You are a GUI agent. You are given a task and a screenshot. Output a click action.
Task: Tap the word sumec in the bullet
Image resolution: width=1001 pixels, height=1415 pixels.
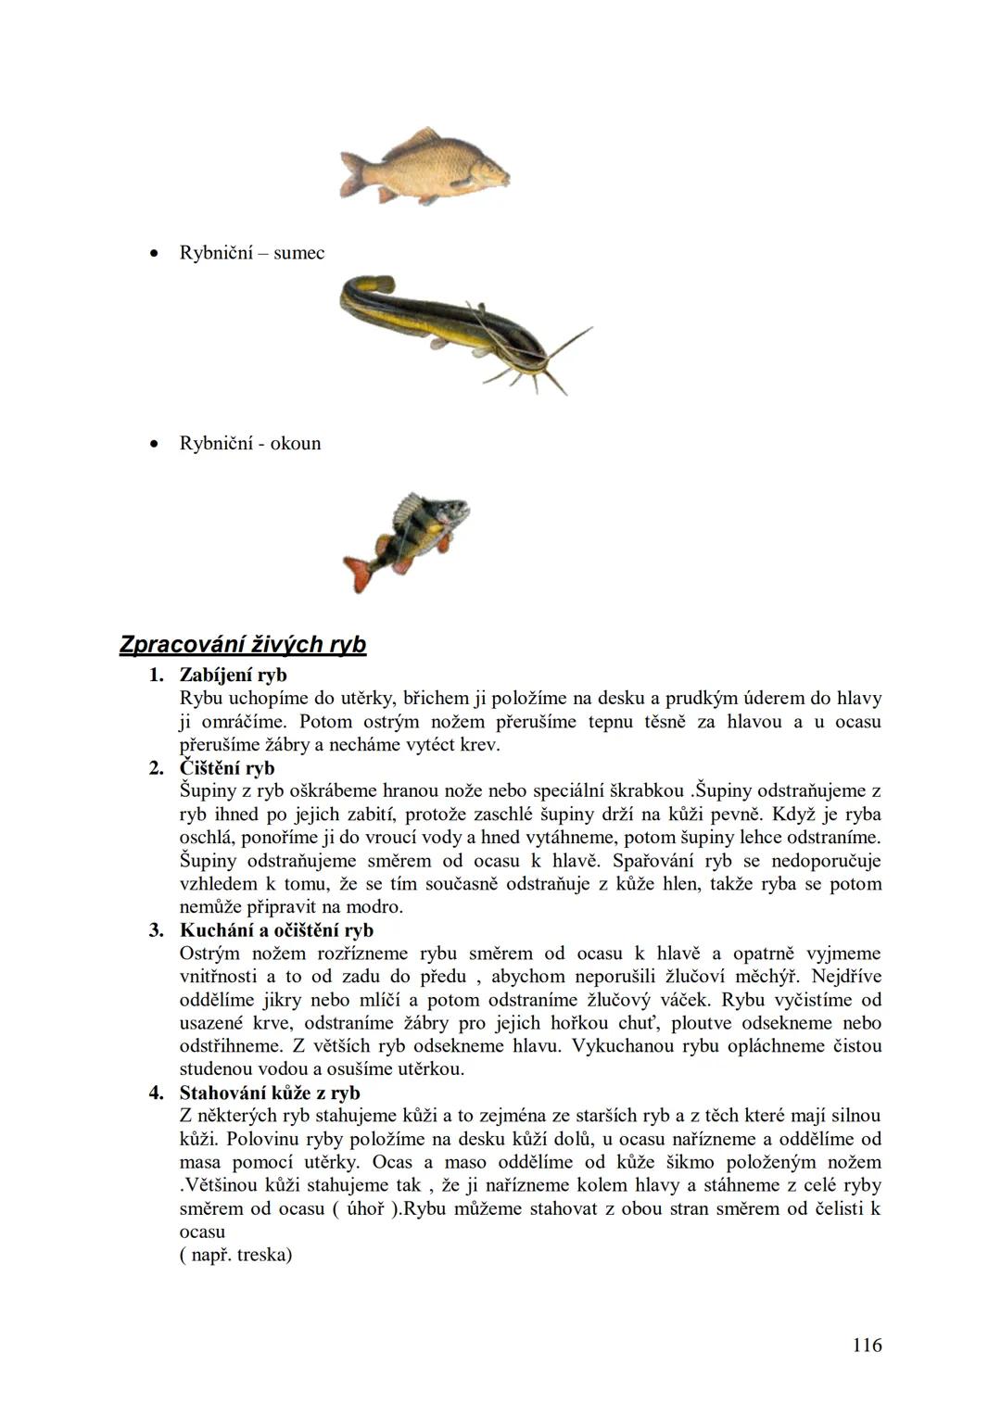click(x=298, y=253)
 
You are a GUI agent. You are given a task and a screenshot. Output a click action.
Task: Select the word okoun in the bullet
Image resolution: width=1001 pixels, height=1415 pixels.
click(x=296, y=443)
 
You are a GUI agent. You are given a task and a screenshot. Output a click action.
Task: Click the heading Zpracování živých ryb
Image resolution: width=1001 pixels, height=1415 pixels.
click(x=243, y=645)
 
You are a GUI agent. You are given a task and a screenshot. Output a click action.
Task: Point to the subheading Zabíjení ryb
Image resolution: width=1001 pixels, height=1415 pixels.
click(x=233, y=675)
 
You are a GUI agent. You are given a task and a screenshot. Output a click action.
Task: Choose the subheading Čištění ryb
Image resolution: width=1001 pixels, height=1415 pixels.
click(x=227, y=768)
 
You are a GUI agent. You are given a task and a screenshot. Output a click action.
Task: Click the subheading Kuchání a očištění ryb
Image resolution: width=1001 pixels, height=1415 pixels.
click(x=276, y=930)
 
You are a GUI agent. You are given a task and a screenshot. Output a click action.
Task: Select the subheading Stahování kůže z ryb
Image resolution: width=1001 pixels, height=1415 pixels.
click(x=270, y=1093)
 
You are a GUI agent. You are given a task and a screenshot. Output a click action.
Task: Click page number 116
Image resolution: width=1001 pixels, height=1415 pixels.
click(x=867, y=1345)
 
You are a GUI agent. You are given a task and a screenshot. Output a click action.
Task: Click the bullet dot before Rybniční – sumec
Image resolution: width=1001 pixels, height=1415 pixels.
click(x=155, y=253)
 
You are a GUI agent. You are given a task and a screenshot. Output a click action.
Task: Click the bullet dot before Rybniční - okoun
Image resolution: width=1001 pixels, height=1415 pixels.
click(x=155, y=443)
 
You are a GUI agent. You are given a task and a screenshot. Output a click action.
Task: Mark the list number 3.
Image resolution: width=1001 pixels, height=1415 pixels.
click(x=156, y=930)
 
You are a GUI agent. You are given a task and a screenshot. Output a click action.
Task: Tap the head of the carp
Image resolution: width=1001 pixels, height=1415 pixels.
click(x=489, y=170)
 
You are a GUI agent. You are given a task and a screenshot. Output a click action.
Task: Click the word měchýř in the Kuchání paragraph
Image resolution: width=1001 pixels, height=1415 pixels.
click(x=768, y=977)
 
